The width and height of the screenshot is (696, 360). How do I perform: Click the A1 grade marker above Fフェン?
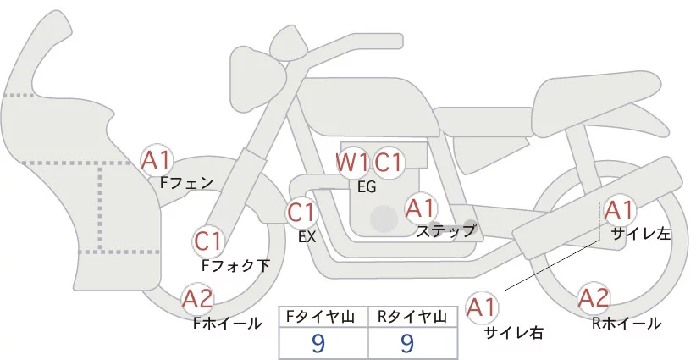[x=157, y=159]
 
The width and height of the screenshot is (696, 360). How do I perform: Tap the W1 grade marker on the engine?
[x=351, y=162]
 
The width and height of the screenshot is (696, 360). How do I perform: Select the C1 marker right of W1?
[x=389, y=162]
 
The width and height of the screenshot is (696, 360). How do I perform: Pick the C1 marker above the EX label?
[x=301, y=212]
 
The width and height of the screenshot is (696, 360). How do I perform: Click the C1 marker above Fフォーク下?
[x=207, y=241]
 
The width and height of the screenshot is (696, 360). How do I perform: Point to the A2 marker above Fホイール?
[x=198, y=298]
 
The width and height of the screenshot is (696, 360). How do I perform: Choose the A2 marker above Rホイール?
[x=594, y=298]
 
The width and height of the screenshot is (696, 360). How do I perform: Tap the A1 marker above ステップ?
[x=421, y=208]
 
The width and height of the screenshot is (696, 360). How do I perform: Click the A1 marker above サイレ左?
[x=618, y=209]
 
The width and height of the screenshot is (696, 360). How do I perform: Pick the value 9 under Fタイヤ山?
[x=318, y=343]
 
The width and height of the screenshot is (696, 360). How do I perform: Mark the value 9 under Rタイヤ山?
[x=407, y=343]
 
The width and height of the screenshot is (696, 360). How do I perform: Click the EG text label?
[x=367, y=187]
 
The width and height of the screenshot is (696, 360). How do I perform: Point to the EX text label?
[x=307, y=237]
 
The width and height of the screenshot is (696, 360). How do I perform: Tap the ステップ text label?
[x=445, y=230]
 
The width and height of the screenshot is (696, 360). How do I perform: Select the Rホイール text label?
[x=627, y=323]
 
